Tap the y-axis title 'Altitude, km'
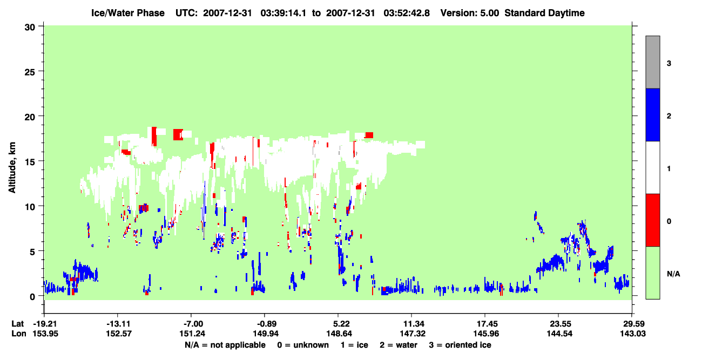[x=12, y=168]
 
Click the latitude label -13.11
[x=118, y=324]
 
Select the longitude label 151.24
[x=192, y=334]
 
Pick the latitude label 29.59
[x=632, y=324]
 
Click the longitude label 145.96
[x=486, y=334]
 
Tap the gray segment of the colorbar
[x=652, y=62]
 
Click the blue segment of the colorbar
[x=652, y=114]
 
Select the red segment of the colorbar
[x=652, y=220]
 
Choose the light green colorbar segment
[x=652, y=273]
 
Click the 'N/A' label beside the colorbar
[x=673, y=274]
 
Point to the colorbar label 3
[x=669, y=64]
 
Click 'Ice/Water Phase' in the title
[x=128, y=13]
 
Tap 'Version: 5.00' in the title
[x=469, y=13]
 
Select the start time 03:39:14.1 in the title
[x=283, y=13]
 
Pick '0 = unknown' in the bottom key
[x=303, y=345]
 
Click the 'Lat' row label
[x=17, y=324]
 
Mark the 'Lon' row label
[x=19, y=334]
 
